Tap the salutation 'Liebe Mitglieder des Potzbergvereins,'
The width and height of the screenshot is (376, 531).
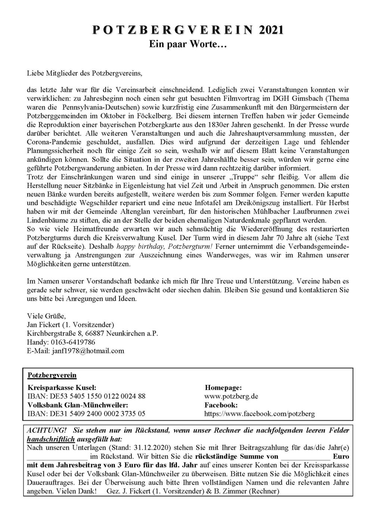85,73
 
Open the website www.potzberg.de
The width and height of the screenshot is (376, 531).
231,396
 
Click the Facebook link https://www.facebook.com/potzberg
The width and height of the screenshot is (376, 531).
260,414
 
